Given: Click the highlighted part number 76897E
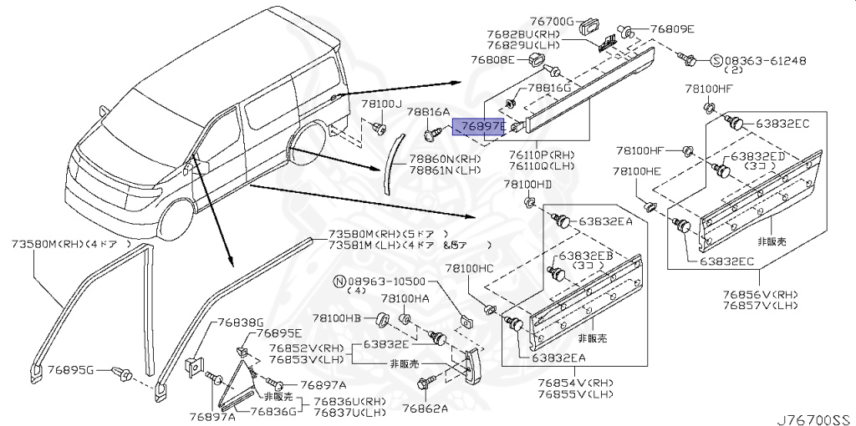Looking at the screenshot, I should click(x=479, y=127).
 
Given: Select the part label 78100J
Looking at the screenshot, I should click(x=381, y=104).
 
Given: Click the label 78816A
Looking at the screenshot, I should click(x=428, y=111).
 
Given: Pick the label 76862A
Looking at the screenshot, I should click(x=425, y=408).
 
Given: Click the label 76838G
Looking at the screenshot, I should click(x=241, y=322).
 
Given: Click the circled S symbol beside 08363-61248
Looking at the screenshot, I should click(x=716, y=60).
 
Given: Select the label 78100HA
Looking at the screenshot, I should click(x=405, y=297).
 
